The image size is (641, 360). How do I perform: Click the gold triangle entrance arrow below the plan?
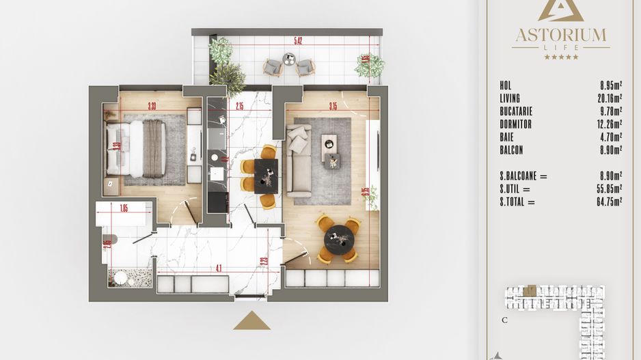tap(251, 322)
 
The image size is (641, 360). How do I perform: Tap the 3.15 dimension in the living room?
tap(333, 106)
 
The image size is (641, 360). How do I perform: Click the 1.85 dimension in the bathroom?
tap(124, 208)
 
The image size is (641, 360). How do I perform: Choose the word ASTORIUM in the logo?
tap(560, 33)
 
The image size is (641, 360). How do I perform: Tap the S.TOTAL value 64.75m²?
tap(607, 202)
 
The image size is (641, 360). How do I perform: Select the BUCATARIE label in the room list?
tap(516, 111)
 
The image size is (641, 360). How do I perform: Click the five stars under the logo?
tap(560, 57)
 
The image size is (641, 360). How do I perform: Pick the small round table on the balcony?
tap(289, 61)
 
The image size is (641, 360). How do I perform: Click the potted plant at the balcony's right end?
tap(369, 65)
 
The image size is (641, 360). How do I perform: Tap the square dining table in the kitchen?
tap(267, 176)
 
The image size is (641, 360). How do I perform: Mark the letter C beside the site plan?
tap(504, 320)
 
